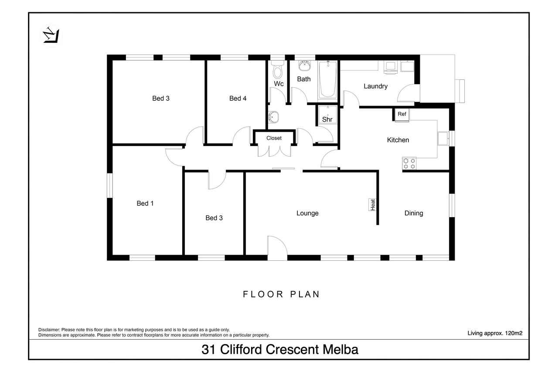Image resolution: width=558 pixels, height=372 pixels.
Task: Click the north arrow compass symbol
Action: pos(51,36)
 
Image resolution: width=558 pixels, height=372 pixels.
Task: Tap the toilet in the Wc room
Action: pos(278,69)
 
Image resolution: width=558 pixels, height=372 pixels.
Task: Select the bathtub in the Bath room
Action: pos(327,79)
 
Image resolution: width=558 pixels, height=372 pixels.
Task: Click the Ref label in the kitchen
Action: pos(401,114)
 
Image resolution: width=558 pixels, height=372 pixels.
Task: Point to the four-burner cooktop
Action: pos(409,164)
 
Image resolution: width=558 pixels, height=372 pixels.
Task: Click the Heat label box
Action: pos(372,205)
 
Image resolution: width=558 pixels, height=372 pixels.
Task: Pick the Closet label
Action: pos(274,138)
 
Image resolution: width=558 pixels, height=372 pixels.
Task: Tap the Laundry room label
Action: pos(375,86)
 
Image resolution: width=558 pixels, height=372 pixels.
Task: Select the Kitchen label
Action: pos(398,140)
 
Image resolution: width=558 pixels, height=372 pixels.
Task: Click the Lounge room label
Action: pos(307,213)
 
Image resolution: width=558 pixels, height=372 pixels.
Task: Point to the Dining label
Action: pos(414,213)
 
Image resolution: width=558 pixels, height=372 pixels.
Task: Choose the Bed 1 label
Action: pos(145,203)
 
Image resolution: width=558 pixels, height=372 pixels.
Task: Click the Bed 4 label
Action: pos(238,99)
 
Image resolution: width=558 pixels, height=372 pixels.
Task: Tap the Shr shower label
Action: pos(327,119)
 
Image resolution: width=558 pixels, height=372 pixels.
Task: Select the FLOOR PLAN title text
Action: pos(281,294)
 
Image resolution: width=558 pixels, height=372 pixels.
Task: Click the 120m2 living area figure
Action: pos(514,333)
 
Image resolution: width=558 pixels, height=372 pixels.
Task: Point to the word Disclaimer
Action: pos(49,330)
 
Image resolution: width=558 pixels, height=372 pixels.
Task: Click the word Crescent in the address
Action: pos(293,349)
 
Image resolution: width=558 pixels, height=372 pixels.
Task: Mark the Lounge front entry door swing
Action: pos(277,246)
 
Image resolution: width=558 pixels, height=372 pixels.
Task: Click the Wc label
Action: pos(279,84)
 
